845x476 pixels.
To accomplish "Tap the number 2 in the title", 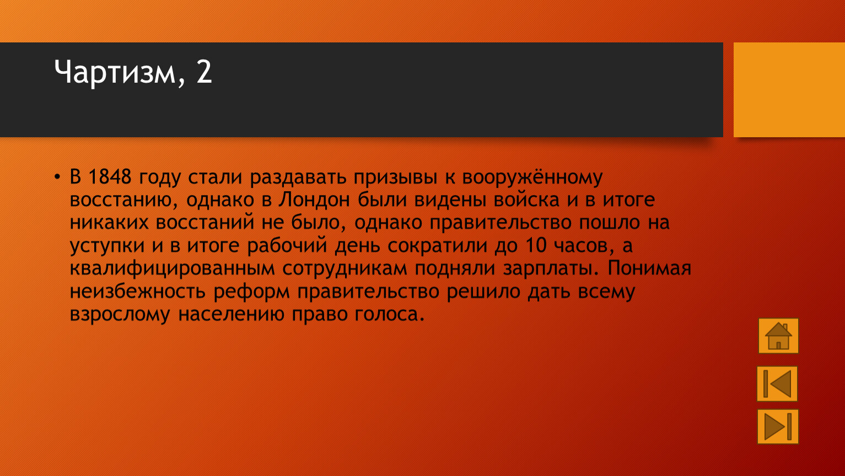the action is [204, 71].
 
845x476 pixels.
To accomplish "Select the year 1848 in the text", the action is [110, 176].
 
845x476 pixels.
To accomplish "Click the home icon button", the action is [778, 336].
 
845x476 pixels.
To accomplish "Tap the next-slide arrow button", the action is [778, 426].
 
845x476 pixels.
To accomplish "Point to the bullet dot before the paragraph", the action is [57, 177].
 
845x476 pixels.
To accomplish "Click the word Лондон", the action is [314, 200].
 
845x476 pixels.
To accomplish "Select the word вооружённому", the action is [532, 177].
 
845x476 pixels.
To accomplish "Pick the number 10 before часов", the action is [536, 245].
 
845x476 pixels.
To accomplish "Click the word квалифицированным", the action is [173, 268].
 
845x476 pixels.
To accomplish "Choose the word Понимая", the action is [649, 268].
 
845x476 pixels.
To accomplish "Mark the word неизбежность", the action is [138, 291].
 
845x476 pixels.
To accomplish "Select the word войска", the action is [526, 200].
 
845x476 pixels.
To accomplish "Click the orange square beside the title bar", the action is [789, 90].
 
